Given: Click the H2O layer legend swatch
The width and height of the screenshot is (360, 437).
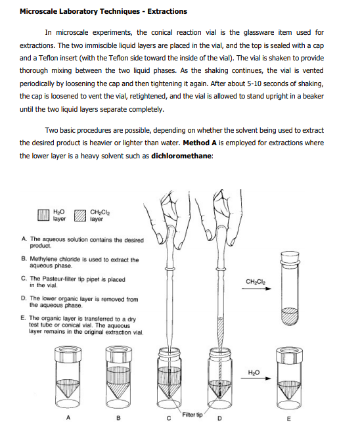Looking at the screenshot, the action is click(x=44, y=215).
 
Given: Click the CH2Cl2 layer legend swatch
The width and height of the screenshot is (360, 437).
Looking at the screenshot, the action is click(x=80, y=216).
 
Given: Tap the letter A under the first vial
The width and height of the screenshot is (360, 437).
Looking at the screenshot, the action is click(x=68, y=417).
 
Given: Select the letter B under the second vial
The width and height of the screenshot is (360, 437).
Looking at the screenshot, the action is click(x=118, y=418).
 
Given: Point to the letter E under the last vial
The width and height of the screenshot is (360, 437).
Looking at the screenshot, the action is click(x=288, y=419).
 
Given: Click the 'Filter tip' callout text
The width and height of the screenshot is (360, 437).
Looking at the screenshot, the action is click(x=192, y=415).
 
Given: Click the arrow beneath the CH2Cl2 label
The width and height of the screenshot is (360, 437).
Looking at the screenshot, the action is click(x=256, y=288).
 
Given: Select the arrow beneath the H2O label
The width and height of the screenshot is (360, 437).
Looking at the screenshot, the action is click(x=256, y=379).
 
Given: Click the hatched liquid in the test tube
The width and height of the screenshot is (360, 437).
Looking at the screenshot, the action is click(x=290, y=316).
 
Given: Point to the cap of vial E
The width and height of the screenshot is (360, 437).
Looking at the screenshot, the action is click(x=289, y=354).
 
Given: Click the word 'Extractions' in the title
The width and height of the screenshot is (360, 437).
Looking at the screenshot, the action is click(x=167, y=11).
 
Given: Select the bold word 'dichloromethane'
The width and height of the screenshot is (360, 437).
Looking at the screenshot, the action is click(x=181, y=156).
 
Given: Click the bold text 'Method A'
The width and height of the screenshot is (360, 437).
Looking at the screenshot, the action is click(x=200, y=143).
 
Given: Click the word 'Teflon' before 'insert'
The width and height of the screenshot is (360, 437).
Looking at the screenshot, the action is click(x=49, y=58).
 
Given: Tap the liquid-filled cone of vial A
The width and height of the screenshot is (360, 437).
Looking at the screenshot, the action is click(x=68, y=388).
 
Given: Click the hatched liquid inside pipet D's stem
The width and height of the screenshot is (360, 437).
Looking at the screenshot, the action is click(x=221, y=333).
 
